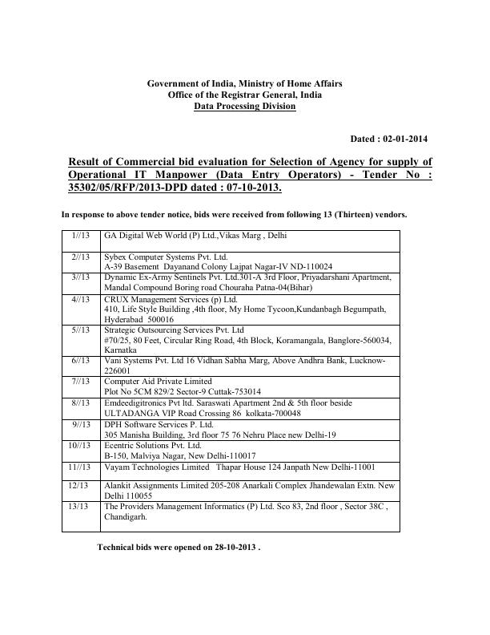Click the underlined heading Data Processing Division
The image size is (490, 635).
pos(244,107)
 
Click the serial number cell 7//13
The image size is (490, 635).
pos(81,381)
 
